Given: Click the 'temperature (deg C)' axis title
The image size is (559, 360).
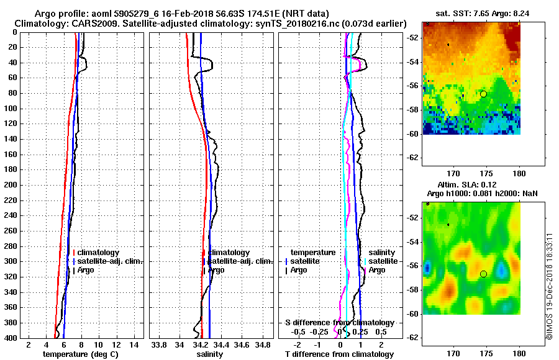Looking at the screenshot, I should pos(80,354).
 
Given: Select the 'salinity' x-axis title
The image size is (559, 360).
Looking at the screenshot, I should pos(211,354).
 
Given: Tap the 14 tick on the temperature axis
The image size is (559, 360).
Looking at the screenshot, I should pos(133,344).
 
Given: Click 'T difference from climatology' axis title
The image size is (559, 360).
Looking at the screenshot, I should pos(339,354).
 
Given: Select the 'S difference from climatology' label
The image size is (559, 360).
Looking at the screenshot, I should pos(339,323).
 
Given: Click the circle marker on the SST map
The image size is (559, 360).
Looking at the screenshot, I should pos(483,94).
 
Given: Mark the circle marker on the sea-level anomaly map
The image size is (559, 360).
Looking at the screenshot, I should pos(483,274).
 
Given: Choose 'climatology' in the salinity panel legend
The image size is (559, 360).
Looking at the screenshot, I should pos(229,253).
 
